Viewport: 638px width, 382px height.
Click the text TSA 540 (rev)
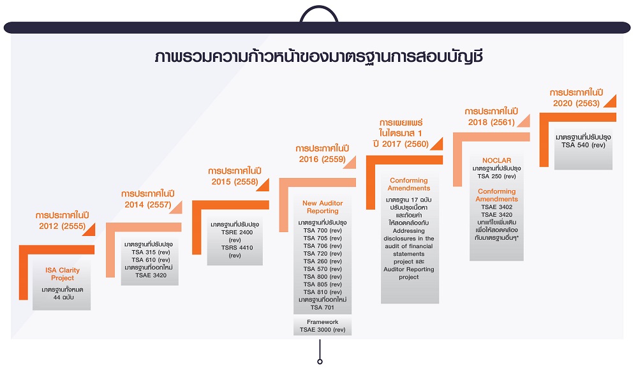(583, 145)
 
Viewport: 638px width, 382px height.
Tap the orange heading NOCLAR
(496, 160)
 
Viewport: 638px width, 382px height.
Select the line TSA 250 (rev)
(496, 176)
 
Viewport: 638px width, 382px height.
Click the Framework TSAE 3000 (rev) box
(322, 326)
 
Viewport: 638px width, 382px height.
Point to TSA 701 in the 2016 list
(322, 307)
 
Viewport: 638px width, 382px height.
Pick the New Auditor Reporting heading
(322, 207)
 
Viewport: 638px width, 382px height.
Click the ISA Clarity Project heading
(63, 274)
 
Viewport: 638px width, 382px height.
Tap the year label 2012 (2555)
(63, 226)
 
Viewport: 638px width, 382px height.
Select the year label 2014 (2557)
(148, 205)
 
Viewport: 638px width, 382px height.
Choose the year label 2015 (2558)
(234, 182)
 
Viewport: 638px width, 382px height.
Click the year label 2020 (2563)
(576, 103)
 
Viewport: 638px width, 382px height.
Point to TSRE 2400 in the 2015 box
(237, 232)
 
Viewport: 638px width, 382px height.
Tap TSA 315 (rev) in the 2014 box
(151, 253)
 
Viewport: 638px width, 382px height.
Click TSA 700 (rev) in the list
(322, 230)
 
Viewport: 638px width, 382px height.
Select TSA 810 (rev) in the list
(322, 292)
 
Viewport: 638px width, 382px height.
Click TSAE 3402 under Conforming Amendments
(496, 207)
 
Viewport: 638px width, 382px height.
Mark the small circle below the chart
(320, 362)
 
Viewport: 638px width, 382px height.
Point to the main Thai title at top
(319, 57)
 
